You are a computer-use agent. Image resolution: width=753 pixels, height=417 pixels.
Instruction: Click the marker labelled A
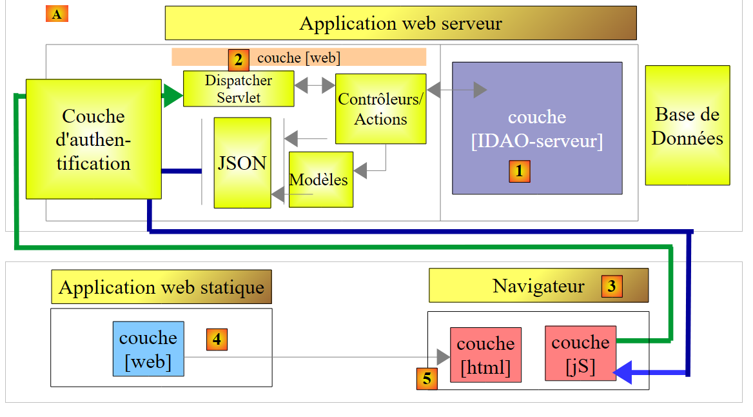tap(57, 14)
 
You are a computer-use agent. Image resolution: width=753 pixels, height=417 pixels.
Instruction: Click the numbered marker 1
tap(520, 171)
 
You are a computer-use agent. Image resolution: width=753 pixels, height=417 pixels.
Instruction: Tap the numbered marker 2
tap(239, 61)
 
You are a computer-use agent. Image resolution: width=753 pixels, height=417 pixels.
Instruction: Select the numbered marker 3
tap(612, 286)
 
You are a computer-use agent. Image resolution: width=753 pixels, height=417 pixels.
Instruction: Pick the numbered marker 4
tap(217, 339)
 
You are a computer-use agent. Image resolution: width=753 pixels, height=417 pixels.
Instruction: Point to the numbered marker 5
tap(427, 379)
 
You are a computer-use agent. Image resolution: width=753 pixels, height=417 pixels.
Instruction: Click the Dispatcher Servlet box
tap(239, 89)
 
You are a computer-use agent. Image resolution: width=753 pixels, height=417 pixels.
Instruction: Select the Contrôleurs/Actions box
tap(381, 109)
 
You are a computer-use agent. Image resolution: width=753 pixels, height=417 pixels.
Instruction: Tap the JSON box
tap(242, 163)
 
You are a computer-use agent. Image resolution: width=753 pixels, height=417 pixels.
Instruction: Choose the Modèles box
tap(321, 179)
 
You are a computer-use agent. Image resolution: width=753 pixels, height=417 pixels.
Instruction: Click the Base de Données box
tap(687, 125)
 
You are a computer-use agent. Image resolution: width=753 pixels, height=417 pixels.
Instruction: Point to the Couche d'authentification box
tap(93, 139)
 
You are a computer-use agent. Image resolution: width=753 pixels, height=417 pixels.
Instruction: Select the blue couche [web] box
tap(148, 349)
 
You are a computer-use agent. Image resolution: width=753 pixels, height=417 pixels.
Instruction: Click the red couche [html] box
tap(485, 355)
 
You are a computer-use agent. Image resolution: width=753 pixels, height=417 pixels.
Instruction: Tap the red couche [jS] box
tap(580, 353)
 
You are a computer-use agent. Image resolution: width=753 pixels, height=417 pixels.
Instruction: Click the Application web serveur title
tap(400, 24)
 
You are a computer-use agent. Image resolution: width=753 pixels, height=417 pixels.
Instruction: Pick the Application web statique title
tap(161, 287)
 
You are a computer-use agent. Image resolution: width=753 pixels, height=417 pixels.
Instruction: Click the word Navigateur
tap(538, 286)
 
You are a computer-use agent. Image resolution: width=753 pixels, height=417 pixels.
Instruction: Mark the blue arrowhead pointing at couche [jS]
tap(625, 372)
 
